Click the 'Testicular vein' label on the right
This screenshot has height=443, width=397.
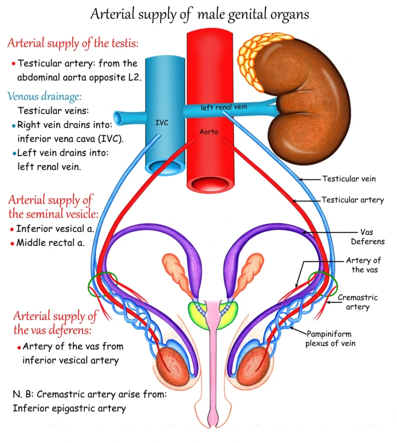pyautogui.click(x=349, y=178)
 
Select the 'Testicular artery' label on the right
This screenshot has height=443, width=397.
pyautogui.click(x=352, y=200)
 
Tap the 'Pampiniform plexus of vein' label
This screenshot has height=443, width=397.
pyautogui.click(x=329, y=339)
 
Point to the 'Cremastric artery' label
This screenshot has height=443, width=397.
pyautogui.click(x=357, y=302)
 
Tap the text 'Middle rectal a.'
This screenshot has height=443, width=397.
pyautogui.click(x=50, y=243)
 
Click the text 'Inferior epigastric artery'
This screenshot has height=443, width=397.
pyautogui.click(x=69, y=408)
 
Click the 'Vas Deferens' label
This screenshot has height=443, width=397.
pyautogui.click(x=366, y=237)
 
